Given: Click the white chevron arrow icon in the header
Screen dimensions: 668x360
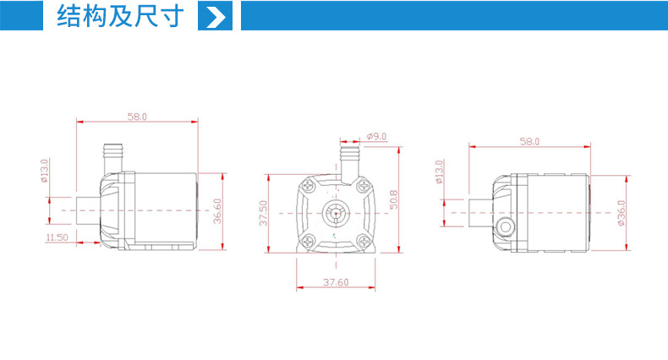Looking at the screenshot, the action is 216,17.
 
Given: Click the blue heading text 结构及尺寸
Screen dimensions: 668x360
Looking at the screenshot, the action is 120,16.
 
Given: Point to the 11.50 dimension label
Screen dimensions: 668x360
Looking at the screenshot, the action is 57,237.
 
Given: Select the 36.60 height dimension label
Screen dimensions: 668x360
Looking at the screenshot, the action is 217,211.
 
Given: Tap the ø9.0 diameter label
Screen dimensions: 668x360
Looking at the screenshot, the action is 376,137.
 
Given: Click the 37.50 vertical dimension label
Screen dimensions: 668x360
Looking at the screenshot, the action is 264,213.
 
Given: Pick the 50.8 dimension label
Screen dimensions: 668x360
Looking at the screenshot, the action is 394,199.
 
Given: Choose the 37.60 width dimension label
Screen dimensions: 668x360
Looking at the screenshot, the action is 336,282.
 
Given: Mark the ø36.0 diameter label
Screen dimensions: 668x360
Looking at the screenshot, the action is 621,213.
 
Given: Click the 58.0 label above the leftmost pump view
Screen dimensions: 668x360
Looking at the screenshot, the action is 137,117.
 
